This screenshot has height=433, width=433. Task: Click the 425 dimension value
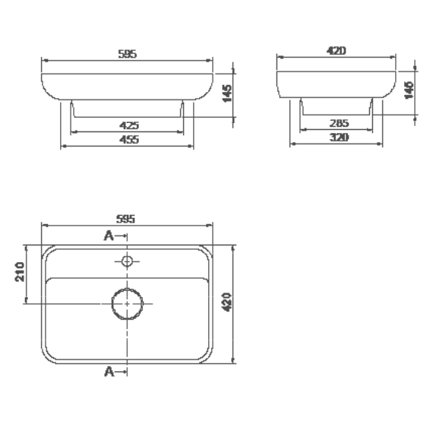pos(128,125)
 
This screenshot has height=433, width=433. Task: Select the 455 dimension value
pos(128,140)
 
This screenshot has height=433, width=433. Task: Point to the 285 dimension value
pos(339,122)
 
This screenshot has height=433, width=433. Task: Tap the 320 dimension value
pos(339,137)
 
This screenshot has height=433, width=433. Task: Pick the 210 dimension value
pos(21,271)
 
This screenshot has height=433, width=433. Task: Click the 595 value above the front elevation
pos(128,55)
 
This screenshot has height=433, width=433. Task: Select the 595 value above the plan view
pos(126,219)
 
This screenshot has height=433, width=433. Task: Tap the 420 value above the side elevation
pos(337,50)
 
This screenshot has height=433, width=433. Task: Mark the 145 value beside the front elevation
pos(226,92)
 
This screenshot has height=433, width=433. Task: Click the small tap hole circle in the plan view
pos(128,262)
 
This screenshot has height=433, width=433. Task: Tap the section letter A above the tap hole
pos(109,236)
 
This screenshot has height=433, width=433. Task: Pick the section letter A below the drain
pos(109,371)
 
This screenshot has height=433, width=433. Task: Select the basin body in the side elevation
pos(337,84)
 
